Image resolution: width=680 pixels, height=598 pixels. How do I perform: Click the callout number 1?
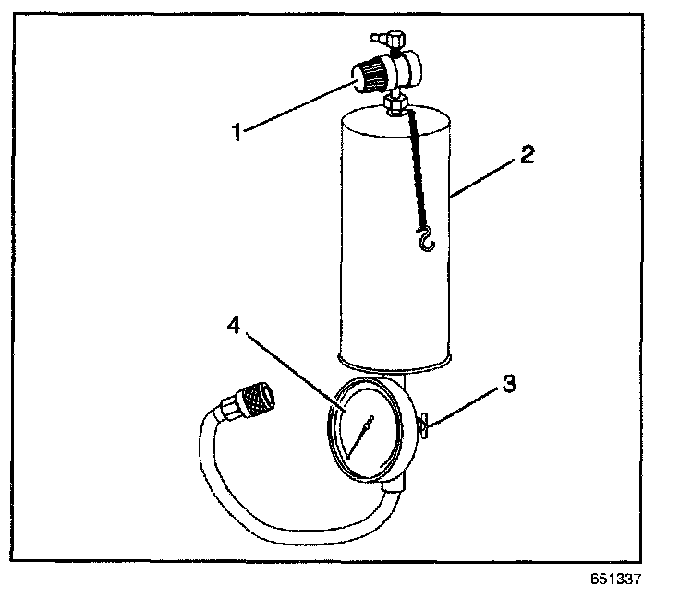click(x=237, y=131)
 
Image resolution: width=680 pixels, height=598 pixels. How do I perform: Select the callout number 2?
click(x=527, y=154)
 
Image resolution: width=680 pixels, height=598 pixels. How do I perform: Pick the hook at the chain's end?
click(x=425, y=243)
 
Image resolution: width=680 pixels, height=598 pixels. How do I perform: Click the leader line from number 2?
click(x=485, y=175)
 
